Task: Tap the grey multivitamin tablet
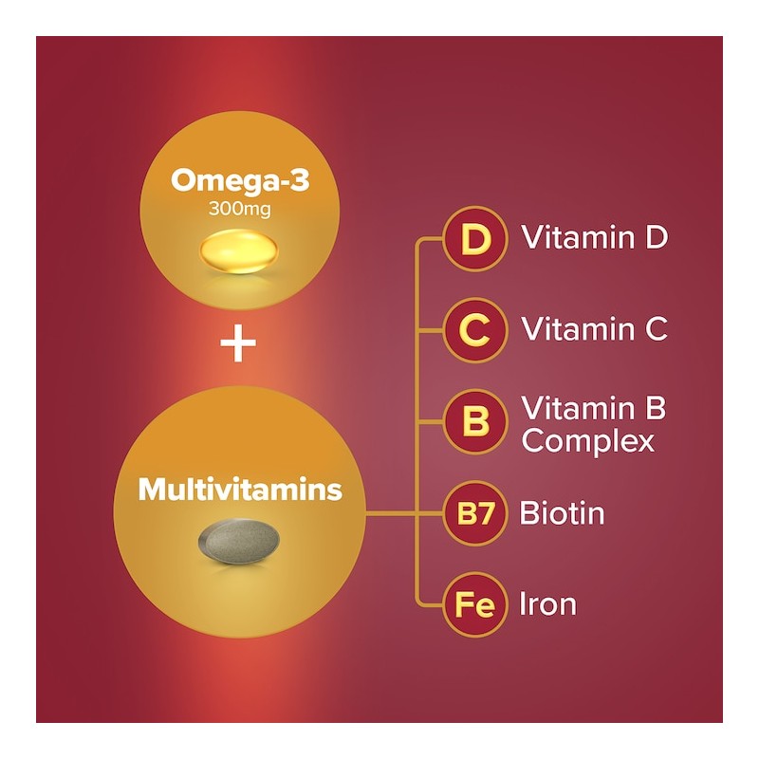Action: [x=239, y=541]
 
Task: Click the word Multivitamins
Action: [x=239, y=491]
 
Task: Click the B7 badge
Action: [x=473, y=515]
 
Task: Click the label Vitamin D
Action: [x=595, y=237]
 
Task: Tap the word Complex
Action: [x=588, y=441]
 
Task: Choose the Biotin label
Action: [x=562, y=514]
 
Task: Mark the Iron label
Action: [x=547, y=604]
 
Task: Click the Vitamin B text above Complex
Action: [x=594, y=409]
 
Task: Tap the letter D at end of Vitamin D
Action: [x=656, y=237]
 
